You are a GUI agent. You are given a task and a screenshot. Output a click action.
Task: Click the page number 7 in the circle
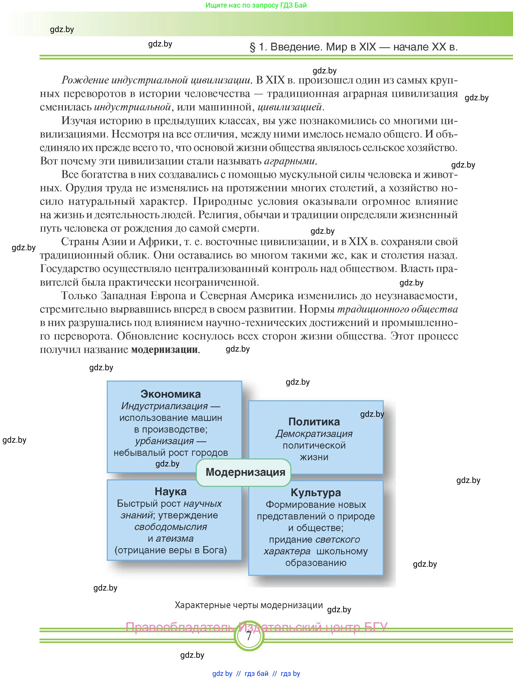(249, 636)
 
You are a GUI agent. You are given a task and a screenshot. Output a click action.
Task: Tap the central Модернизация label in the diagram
(245, 472)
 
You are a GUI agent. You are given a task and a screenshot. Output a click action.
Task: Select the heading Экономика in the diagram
(171, 394)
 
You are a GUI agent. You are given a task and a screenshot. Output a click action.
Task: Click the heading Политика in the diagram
(314, 421)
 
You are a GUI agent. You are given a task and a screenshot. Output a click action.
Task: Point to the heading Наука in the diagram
(171, 491)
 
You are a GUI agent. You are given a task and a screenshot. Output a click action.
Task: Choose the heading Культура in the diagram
(316, 493)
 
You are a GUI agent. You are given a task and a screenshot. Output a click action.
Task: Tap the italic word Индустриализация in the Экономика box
(164, 406)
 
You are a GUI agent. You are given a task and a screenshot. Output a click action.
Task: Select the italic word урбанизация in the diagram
(164, 441)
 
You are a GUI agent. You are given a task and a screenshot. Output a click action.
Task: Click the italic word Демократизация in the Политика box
(314, 433)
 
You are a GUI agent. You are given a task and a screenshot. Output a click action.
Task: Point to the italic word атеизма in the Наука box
(174, 538)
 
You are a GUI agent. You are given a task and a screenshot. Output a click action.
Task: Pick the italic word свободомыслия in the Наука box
(171, 527)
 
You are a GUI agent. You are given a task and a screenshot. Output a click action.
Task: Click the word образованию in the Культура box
(316, 563)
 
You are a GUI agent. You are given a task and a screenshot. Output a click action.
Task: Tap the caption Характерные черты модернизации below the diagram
(249, 605)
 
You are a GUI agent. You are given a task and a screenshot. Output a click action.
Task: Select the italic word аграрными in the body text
(290, 161)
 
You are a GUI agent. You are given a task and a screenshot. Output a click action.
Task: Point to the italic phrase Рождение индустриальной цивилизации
(156, 80)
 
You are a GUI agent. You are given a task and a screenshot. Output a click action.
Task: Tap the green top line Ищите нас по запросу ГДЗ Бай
(256, 5)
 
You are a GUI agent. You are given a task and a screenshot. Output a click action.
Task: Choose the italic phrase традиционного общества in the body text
(397, 309)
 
